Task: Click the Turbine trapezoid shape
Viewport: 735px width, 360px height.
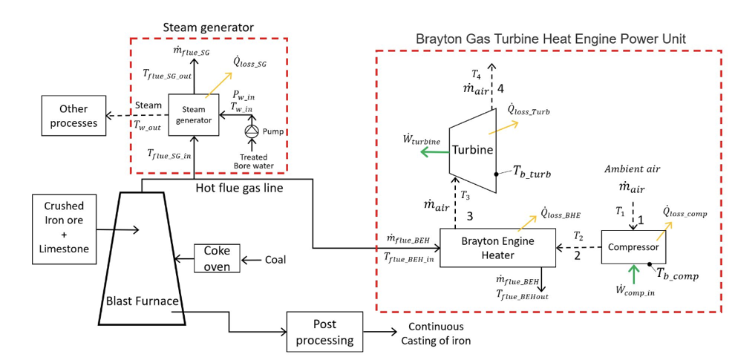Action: pos(473,150)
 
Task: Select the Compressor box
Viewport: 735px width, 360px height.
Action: pos(633,247)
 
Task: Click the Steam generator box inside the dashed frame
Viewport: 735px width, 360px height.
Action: pos(193,115)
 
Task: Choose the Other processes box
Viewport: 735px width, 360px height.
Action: pos(73,116)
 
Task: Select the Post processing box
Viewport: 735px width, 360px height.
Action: pos(324,333)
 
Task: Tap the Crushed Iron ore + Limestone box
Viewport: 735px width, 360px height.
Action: pos(64,228)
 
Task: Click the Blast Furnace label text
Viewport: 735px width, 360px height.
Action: pos(141,301)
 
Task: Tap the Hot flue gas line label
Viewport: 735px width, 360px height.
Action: pos(239,189)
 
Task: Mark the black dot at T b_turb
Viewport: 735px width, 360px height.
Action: pos(496,175)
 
